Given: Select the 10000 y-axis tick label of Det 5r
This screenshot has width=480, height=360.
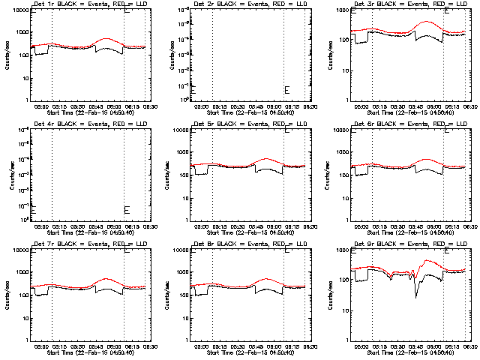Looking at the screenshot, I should click(177, 130).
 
